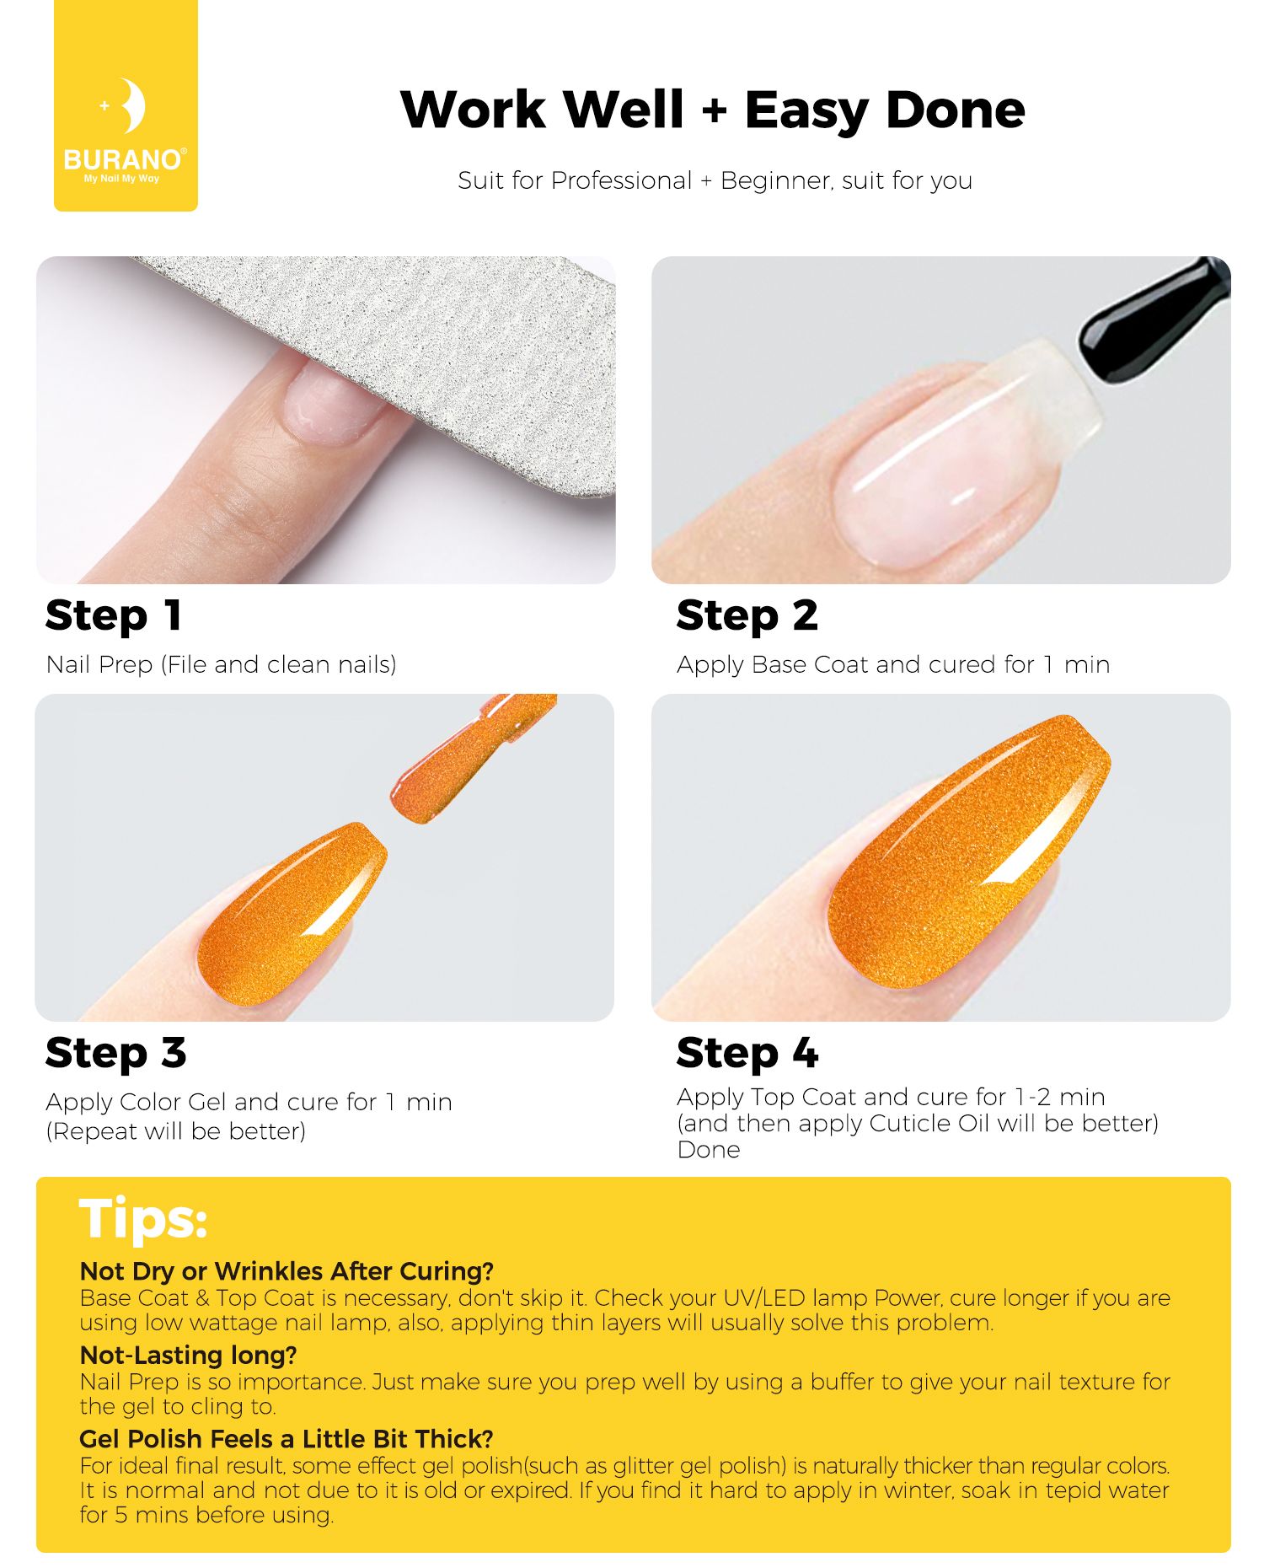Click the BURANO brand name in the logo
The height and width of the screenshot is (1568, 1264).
click(123, 159)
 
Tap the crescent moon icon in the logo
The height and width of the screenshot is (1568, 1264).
click(133, 105)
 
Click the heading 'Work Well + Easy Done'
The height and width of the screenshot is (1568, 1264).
click(713, 110)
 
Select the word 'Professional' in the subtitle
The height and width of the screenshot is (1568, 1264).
click(621, 180)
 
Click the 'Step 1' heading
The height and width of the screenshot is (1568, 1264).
click(114, 615)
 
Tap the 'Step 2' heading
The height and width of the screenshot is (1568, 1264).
click(747, 615)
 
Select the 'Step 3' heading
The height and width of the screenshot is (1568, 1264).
click(116, 1053)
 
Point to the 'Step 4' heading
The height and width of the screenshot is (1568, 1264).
click(747, 1053)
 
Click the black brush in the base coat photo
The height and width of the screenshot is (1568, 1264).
click(1154, 319)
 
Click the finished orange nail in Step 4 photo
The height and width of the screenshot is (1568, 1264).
click(969, 851)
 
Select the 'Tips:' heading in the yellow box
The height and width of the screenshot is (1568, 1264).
click(143, 1219)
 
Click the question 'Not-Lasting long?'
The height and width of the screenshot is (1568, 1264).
click(189, 1355)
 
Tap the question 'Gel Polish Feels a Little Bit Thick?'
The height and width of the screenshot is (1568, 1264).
click(287, 1438)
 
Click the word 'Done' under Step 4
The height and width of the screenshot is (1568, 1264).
click(709, 1150)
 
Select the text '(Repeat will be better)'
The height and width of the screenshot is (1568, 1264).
click(176, 1131)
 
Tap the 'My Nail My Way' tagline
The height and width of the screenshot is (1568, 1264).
click(121, 179)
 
